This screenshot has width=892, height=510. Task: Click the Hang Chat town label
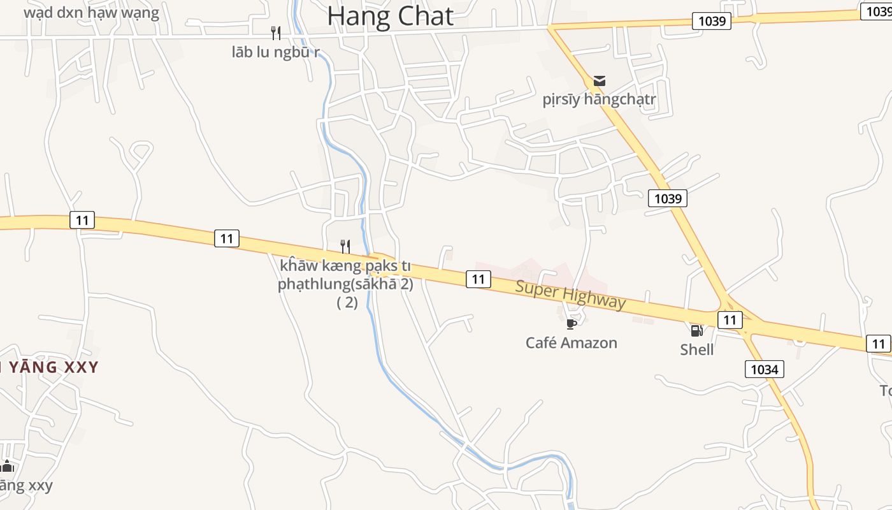pos(390,17)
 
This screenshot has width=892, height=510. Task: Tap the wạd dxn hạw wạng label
pos(91,12)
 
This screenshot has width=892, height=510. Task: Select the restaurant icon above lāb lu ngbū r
pos(276,33)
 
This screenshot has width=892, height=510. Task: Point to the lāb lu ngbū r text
pos(275,52)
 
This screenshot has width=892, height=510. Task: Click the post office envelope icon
pos(599,81)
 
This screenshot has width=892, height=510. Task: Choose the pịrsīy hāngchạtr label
pos(599,100)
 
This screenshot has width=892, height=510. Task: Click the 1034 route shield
pos(764,368)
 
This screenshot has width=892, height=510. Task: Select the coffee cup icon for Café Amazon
pos(571,324)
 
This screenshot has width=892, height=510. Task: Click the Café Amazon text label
pos(571,343)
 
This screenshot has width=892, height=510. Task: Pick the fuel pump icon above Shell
pos(696,330)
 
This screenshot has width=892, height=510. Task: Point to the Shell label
pos(696,349)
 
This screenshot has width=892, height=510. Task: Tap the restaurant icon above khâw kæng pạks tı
pos(345,246)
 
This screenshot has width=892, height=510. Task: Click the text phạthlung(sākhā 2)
pos(345,284)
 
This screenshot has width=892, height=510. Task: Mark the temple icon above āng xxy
pos(7,466)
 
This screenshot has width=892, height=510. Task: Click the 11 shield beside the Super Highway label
pos(478,279)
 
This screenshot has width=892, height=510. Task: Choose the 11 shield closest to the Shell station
pos(730,319)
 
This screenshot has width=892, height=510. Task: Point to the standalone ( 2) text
pos(347,303)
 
